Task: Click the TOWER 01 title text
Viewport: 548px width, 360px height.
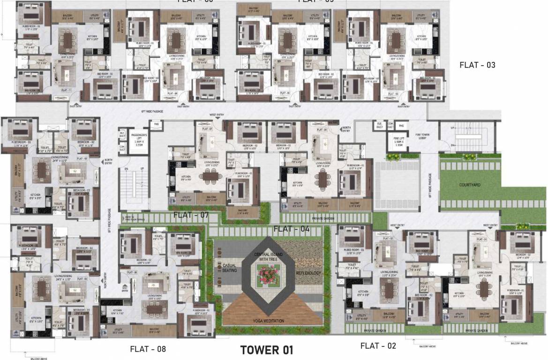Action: (x=266, y=350)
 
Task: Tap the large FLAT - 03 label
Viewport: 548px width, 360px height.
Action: (x=477, y=65)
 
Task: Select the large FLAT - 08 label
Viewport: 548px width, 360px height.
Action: (x=148, y=349)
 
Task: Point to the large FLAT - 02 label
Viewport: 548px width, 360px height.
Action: (x=378, y=346)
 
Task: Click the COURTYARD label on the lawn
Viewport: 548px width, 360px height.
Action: (x=470, y=185)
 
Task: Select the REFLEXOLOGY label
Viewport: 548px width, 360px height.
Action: (x=308, y=272)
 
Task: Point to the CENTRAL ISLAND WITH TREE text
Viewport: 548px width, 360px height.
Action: (x=268, y=256)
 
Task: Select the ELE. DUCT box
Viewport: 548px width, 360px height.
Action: (x=378, y=125)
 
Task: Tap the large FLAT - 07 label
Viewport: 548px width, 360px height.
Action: (x=191, y=215)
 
